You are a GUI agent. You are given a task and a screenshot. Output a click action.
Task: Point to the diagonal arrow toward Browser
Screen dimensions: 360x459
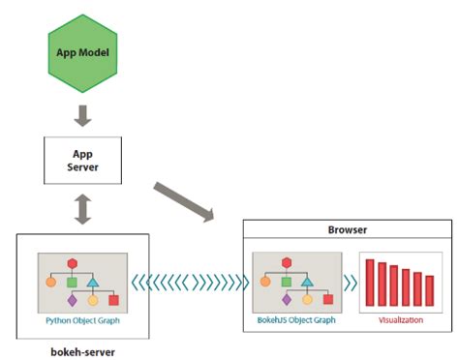[x=184, y=198]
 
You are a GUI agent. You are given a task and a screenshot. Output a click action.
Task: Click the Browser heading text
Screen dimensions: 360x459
[x=346, y=231]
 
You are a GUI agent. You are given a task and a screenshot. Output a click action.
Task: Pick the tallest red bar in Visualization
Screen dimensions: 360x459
[x=370, y=282]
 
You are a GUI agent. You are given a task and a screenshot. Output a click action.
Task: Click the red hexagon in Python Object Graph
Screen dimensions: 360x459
[x=71, y=263]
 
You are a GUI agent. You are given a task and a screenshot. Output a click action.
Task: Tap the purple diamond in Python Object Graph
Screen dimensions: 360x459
[x=71, y=300]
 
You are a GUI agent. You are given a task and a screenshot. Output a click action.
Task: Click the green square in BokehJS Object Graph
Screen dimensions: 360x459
[x=287, y=282]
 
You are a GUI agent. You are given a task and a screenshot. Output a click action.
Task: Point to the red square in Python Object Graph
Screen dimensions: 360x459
[x=113, y=300]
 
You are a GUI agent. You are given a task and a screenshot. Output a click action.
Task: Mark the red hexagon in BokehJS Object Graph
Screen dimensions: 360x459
[x=287, y=263]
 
